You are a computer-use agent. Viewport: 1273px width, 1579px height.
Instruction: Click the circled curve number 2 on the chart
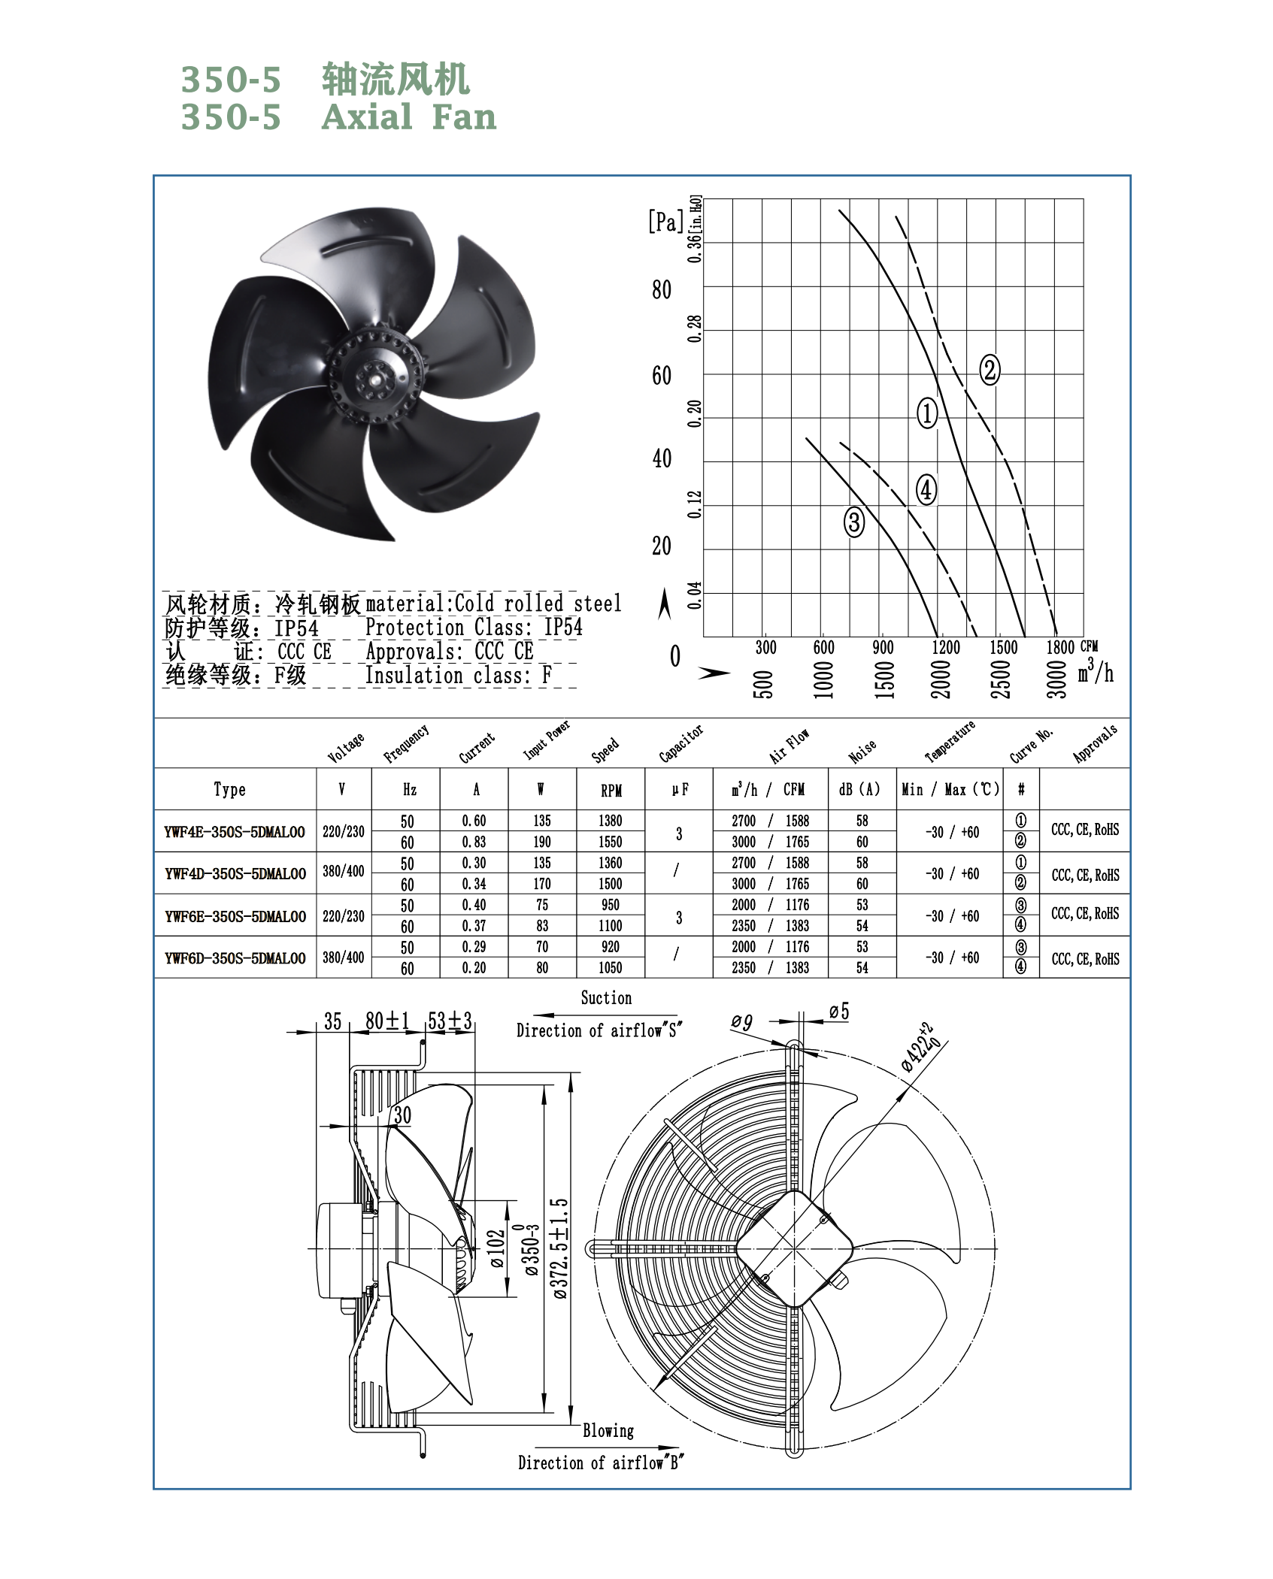pos(990,370)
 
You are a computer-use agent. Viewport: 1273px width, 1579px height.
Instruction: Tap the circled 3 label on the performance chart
pos(854,522)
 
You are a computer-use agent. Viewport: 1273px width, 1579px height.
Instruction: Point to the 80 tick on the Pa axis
pos(662,290)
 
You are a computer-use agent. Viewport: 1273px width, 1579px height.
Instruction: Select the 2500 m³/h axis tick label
pos(1001,679)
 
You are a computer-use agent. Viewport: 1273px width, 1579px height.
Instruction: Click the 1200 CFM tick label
pos(946,647)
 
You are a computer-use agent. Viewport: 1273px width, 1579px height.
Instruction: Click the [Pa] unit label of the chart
pos(666,222)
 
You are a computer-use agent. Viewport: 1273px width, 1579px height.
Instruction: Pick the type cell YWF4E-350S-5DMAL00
pos(235,832)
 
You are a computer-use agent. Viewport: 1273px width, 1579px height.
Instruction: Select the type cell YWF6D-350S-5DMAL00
pos(235,958)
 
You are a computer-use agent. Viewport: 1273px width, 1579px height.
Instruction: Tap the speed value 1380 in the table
pos(611,821)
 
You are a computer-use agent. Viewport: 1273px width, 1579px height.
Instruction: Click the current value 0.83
pos(474,842)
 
